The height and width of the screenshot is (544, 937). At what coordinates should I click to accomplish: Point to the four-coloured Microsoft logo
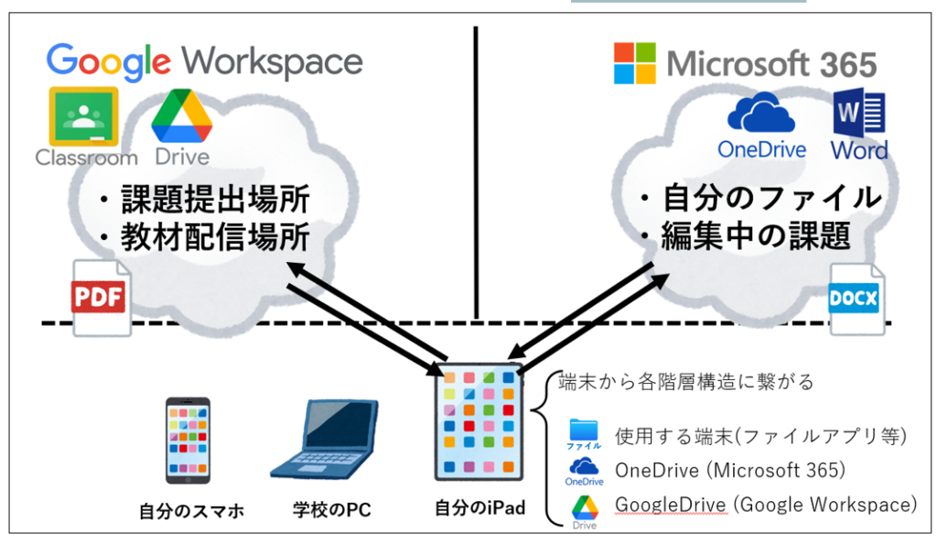click(635, 63)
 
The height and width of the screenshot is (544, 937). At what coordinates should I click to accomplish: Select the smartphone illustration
click(188, 441)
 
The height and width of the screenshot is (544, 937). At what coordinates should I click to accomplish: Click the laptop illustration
click(326, 441)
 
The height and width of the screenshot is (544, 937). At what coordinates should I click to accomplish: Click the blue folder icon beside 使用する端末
click(584, 432)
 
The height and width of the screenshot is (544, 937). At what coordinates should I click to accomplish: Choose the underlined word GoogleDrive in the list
click(671, 505)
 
